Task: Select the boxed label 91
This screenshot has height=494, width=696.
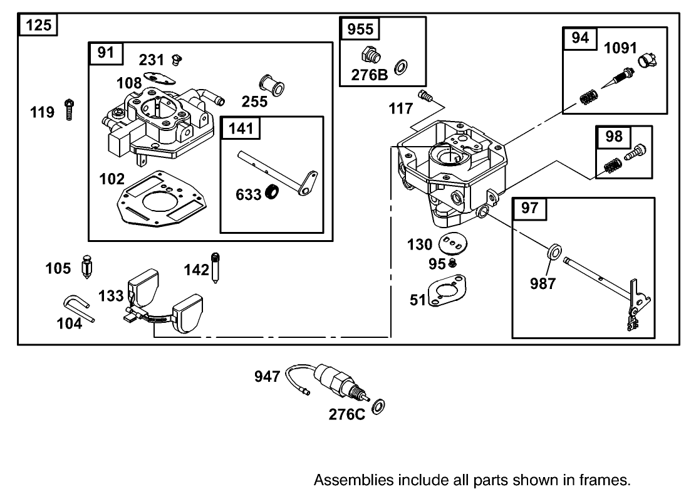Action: (106, 53)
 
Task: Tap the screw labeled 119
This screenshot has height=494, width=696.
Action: (68, 110)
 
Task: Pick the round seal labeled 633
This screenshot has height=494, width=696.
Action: (273, 192)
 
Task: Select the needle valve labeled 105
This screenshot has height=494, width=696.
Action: (87, 269)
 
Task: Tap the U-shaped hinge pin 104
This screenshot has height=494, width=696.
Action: (79, 308)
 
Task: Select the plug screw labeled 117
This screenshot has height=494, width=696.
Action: (427, 96)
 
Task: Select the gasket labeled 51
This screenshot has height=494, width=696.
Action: (447, 293)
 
